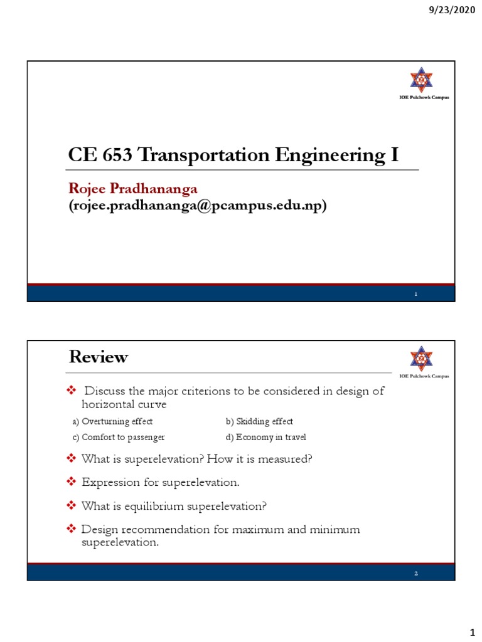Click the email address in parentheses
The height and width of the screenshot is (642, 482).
tap(197, 206)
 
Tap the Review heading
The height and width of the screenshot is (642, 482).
tap(98, 357)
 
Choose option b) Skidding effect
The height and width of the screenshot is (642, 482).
tap(259, 421)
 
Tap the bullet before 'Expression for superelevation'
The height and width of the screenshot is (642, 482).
tap(71, 482)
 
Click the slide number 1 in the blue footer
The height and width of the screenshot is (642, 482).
tap(415, 293)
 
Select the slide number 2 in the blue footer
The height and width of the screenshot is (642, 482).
tap(415, 572)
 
